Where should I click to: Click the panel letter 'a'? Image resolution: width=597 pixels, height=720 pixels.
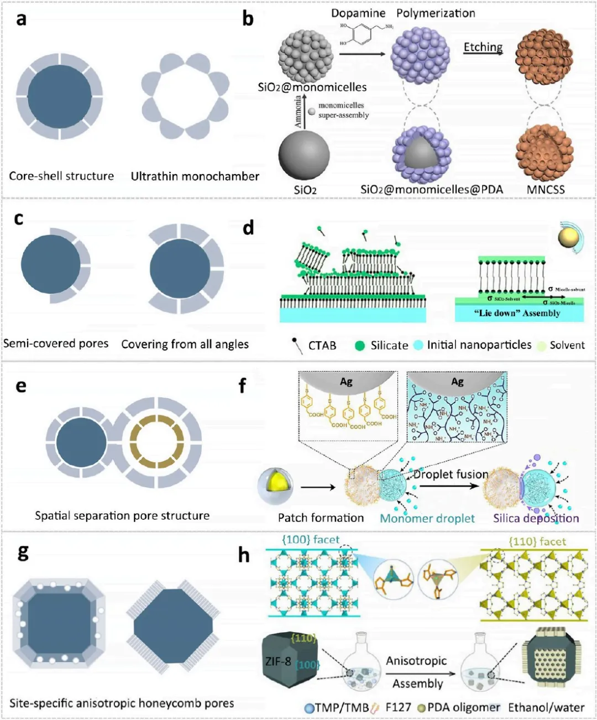coord(22,19)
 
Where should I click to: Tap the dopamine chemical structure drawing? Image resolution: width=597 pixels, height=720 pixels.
coord(365,34)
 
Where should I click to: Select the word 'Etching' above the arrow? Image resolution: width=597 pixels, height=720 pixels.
coord(483,47)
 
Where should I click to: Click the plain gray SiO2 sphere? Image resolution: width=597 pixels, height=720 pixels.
coord(303,155)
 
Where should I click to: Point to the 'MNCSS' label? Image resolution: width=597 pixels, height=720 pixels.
coord(546,190)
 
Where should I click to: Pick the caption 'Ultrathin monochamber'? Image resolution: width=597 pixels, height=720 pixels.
coord(195,176)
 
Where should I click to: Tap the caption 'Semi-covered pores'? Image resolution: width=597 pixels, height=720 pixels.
coord(56,343)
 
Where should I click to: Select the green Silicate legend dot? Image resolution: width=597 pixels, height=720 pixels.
coord(360,346)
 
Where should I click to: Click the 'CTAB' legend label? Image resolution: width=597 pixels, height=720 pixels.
coord(322,346)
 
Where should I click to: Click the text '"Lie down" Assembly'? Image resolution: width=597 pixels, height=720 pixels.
coord(517,313)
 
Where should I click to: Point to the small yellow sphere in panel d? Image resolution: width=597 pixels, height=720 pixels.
coord(569,238)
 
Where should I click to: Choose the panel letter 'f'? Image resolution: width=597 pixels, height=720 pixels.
coord(242,385)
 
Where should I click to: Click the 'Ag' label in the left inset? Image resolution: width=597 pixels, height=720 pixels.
coord(346,381)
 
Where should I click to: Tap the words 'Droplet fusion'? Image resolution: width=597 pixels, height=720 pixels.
coord(451,474)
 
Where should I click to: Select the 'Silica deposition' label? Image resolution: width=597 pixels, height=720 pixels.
coord(536,518)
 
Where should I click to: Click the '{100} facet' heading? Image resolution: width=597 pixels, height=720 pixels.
coord(311,539)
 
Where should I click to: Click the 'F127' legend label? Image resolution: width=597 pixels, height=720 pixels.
coord(398,707)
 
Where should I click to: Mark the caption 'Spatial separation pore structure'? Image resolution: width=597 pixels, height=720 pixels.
coord(122,516)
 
